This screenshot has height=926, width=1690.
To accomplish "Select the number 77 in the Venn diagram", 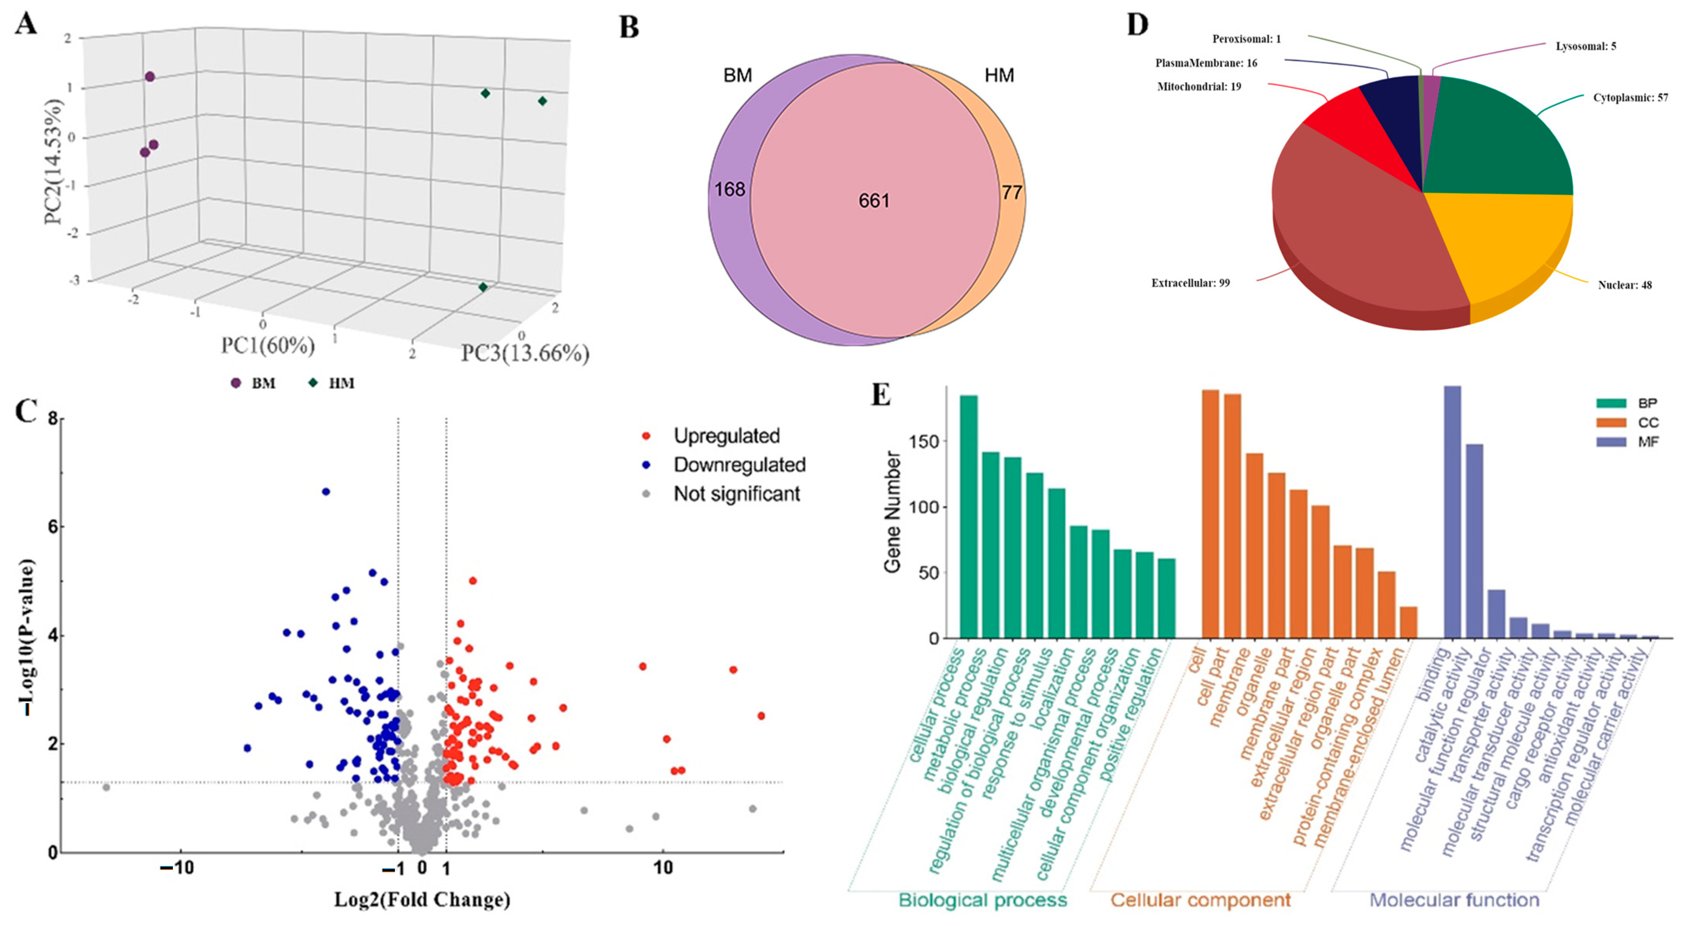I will (1012, 193).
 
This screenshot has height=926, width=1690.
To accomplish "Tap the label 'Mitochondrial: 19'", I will (1199, 86).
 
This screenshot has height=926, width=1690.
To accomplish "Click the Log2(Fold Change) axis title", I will (422, 900).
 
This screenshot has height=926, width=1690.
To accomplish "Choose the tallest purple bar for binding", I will (1452, 512).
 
